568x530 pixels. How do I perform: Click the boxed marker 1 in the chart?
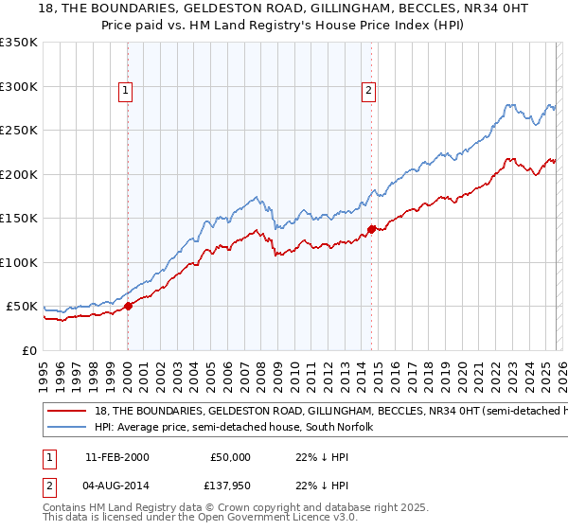(x=127, y=91)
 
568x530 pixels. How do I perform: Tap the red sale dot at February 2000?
(x=129, y=306)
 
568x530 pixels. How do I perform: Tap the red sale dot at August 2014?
(x=371, y=228)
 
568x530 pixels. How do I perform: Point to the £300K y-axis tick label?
(x=19, y=86)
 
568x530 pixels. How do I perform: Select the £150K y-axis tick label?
(x=19, y=219)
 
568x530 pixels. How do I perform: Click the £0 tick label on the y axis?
(x=28, y=351)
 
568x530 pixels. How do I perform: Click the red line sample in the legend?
(x=66, y=412)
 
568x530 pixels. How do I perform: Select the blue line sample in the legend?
(x=66, y=427)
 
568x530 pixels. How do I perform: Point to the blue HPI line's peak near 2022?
(x=508, y=104)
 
